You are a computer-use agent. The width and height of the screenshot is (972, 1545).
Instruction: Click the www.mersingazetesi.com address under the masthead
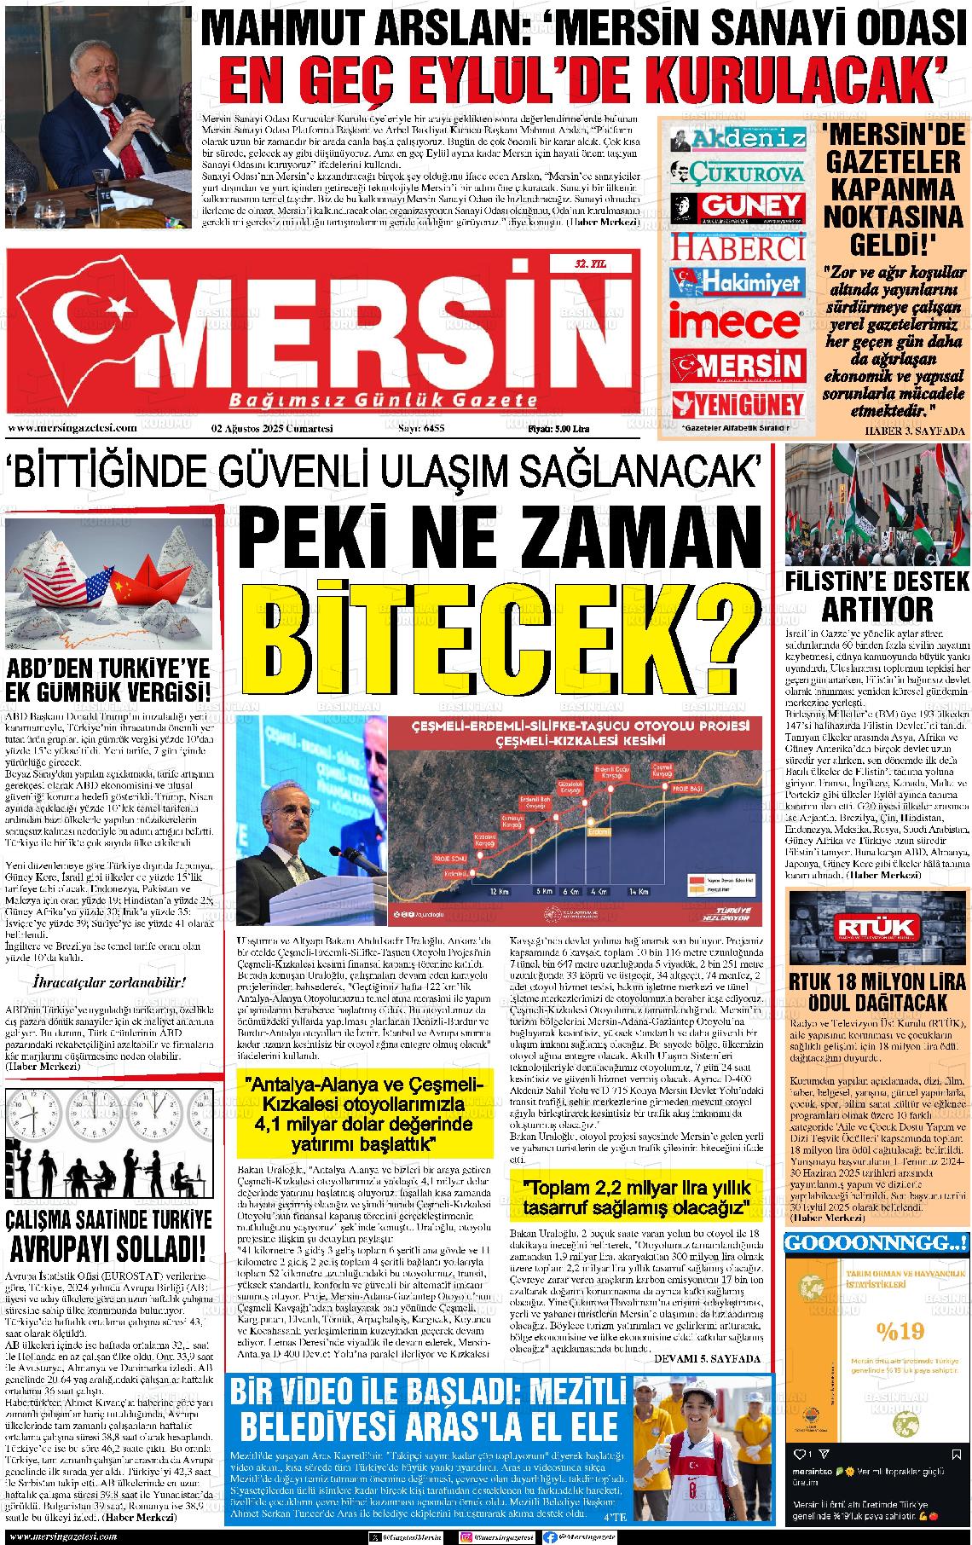(x=72, y=429)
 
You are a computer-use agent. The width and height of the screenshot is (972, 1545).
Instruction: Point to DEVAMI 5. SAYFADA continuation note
(x=706, y=1357)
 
